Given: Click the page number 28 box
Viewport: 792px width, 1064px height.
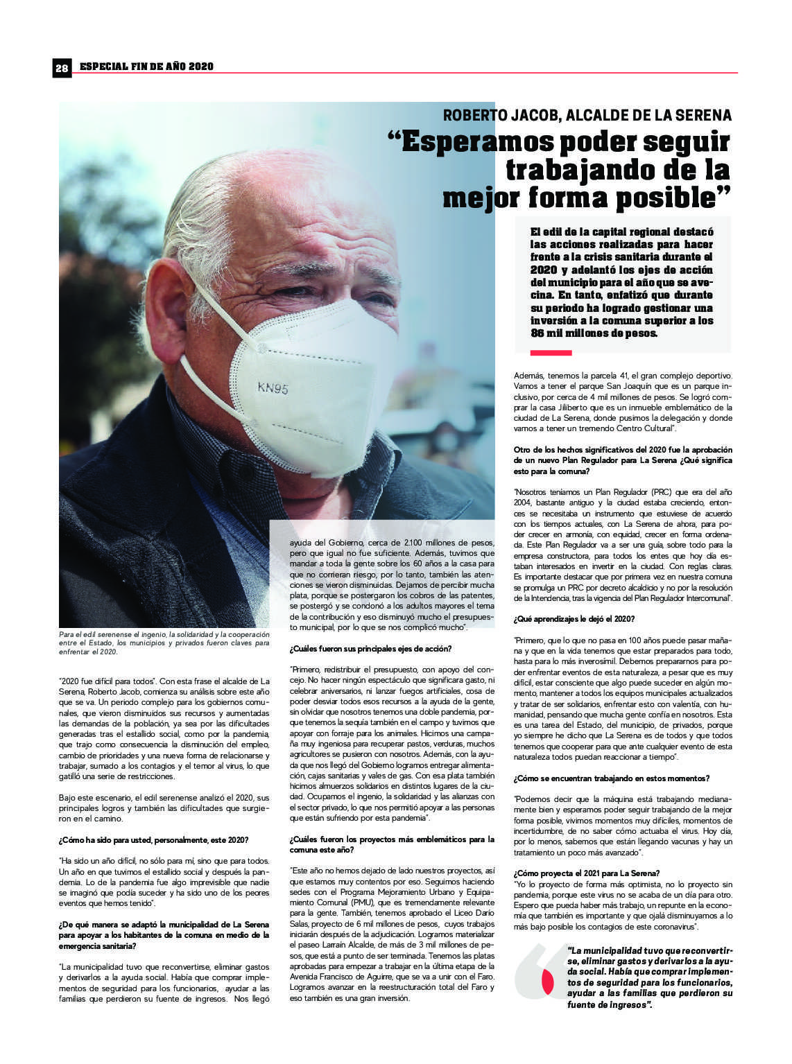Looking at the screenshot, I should [62, 67].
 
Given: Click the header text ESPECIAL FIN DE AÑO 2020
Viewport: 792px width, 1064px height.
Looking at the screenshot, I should [146, 67].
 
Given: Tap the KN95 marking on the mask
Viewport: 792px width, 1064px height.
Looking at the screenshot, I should [273, 388].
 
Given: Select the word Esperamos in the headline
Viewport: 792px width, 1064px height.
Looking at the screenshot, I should [475, 142].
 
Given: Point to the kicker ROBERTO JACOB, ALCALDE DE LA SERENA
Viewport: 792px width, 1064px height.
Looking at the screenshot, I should [587, 115].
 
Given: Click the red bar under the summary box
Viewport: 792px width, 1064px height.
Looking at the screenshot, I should [551, 353].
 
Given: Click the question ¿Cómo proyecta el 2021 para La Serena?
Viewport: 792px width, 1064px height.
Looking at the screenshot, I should [587, 873].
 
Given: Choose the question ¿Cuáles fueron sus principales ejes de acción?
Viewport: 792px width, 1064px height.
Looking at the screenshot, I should [370, 649].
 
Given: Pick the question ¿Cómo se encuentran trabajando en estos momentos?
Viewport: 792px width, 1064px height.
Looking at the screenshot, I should [612, 778].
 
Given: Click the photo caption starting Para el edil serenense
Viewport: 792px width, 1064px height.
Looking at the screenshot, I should [164, 643].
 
